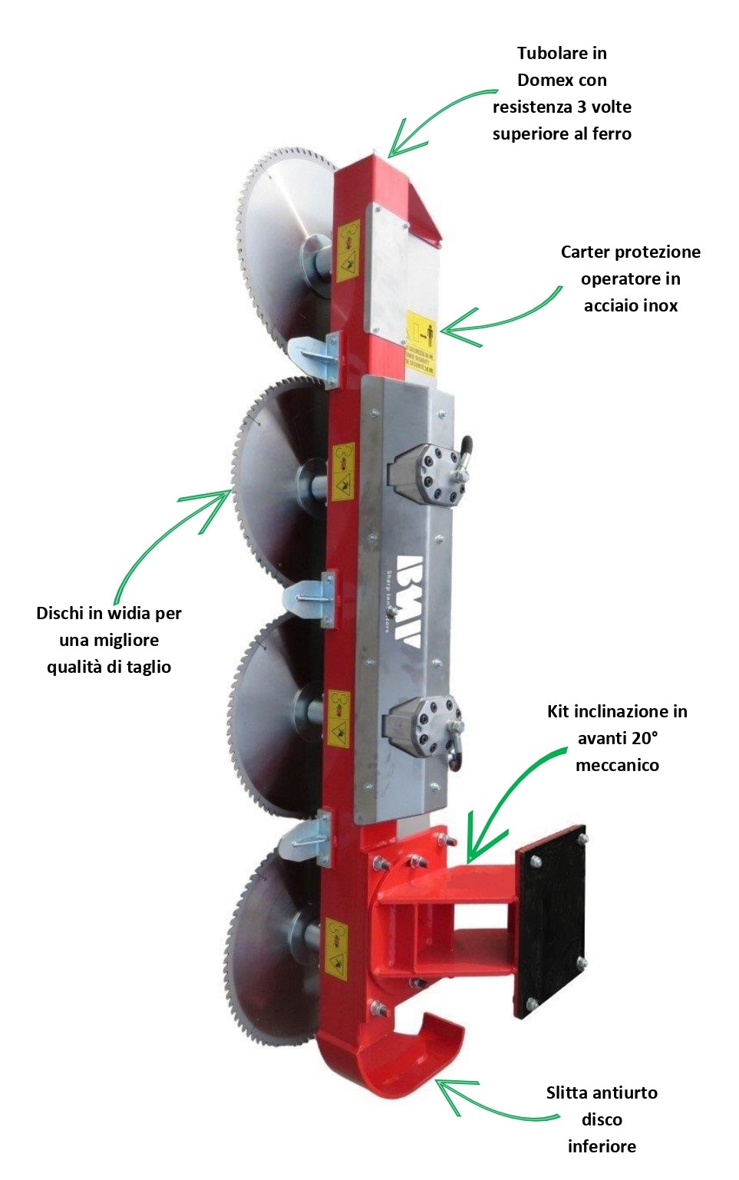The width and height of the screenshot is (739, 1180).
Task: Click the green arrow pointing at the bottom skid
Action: coord(483,1101)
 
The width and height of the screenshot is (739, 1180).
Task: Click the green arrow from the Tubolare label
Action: coord(437,115)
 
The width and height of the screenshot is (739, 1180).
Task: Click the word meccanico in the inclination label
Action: coord(617,765)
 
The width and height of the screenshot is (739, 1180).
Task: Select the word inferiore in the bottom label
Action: coord(602,1146)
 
